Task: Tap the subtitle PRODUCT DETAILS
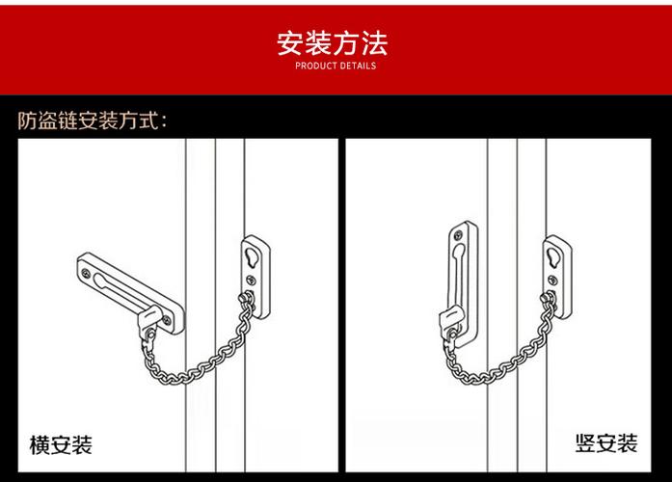click(335, 67)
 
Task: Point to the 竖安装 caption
click(606, 444)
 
